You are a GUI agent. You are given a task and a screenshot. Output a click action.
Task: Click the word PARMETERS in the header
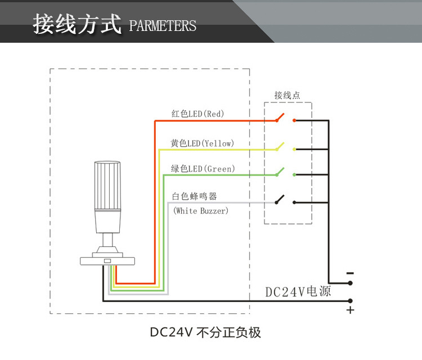(x=163, y=26)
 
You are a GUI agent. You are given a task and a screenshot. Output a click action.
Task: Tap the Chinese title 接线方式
(x=77, y=25)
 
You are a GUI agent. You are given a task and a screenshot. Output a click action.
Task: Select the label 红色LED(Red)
(x=197, y=114)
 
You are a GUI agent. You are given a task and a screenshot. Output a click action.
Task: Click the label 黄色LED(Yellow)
(x=203, y=143)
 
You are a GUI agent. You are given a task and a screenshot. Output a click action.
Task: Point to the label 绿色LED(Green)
(x=203, y=169)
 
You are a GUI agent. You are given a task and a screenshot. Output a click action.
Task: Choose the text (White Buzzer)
(x=201, y=211)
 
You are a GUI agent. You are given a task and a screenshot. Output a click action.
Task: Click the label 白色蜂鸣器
(x=194, y=196)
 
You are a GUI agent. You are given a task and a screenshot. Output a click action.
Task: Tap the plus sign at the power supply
(x=350, y=310)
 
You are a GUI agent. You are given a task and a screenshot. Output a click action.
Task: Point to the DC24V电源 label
(x=298, y=292)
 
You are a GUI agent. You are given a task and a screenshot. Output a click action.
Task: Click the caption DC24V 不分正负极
(x=205, y=332)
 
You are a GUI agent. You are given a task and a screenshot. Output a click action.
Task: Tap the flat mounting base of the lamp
(x=108, y=260)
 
